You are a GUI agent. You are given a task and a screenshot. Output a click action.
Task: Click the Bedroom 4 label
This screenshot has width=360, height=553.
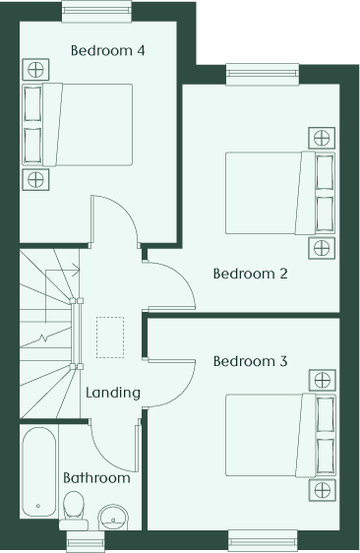[107, 50]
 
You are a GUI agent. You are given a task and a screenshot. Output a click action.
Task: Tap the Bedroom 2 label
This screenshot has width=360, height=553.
[251, 274]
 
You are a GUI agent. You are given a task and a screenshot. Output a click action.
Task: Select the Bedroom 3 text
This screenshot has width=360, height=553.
[251, 361]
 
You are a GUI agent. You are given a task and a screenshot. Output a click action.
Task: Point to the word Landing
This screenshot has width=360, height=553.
[113, 393]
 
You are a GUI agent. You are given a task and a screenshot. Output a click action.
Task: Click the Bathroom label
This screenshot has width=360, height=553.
[96, 478]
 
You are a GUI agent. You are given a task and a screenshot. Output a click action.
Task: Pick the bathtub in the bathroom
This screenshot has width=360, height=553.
[39, 472]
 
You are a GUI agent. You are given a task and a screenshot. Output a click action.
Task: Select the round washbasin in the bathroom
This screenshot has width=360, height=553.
[113, 518]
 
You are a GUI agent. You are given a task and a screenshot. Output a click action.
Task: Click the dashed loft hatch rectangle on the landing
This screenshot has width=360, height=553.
[110, 338]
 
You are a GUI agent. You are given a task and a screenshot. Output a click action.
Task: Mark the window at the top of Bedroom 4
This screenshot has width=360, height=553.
[97, 11]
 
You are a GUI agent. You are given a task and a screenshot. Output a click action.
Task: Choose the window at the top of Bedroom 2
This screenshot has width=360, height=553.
[263, 74]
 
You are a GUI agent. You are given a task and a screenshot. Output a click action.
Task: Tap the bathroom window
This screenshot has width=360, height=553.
[86, 540]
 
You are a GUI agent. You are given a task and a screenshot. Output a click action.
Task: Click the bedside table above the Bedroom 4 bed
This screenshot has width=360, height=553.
[35, 70]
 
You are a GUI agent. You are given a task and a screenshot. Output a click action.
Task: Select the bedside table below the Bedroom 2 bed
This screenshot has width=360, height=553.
[322, 248]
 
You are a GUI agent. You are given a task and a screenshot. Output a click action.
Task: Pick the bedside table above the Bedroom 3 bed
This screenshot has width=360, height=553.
[323, 380]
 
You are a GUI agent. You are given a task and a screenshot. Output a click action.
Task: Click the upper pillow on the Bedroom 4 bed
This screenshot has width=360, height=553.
[32, 103]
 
